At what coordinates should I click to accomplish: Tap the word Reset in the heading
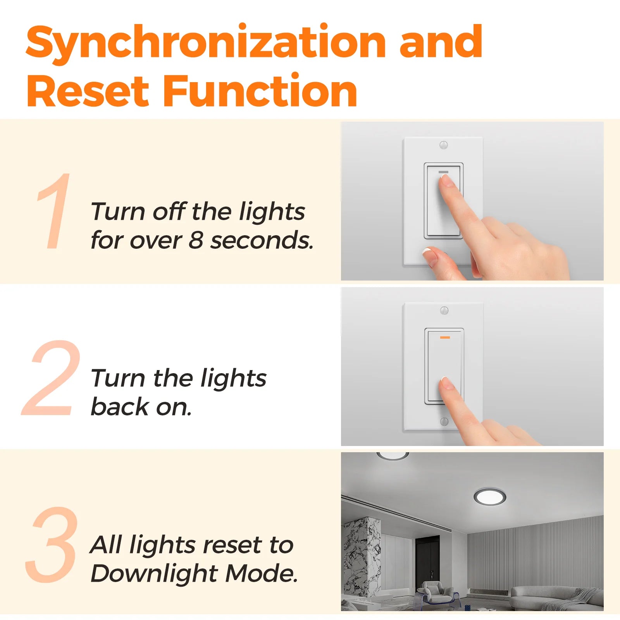tap(88, 91)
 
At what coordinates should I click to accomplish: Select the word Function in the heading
tap(260, 90)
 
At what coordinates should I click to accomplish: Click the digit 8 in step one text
tap(196, 240)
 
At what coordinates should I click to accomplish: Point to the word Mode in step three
tap(262, 573)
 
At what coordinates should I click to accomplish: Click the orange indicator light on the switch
tap(445, 338)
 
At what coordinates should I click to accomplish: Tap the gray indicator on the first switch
tap(443, 172)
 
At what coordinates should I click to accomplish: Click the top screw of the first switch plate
tap(444, 145)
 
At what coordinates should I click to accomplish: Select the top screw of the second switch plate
tap(444, 310)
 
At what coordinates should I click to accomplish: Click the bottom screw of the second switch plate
tap(444, 421)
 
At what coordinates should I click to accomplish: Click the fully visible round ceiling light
tap(490, 496)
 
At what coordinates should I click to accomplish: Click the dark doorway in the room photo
tap(427, 556)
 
